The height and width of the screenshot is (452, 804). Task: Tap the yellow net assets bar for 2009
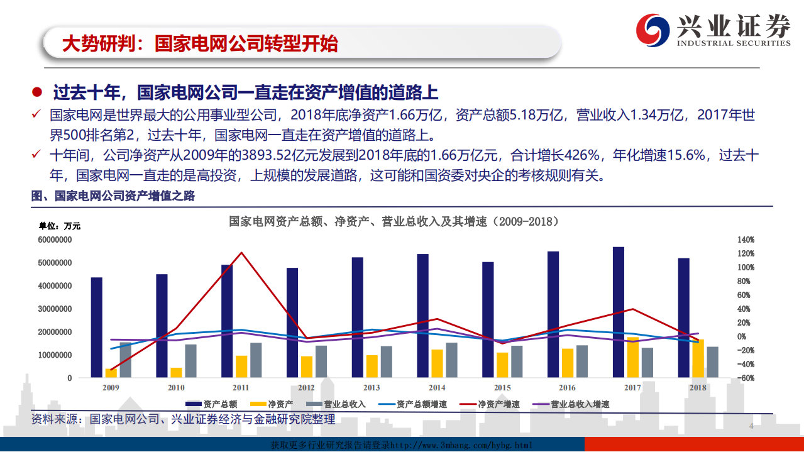pos(111,373)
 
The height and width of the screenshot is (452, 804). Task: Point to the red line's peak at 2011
pos(242,253)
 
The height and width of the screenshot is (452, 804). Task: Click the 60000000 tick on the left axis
pos(55,240)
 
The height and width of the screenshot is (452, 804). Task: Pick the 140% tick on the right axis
pos(746,240)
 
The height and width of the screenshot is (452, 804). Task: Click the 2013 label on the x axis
pos(372,388)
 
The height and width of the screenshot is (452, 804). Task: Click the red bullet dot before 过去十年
pos(37,92)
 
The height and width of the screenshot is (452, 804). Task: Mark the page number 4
pos(751,427)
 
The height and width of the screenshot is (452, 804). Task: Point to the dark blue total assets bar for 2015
pos(488,320)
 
